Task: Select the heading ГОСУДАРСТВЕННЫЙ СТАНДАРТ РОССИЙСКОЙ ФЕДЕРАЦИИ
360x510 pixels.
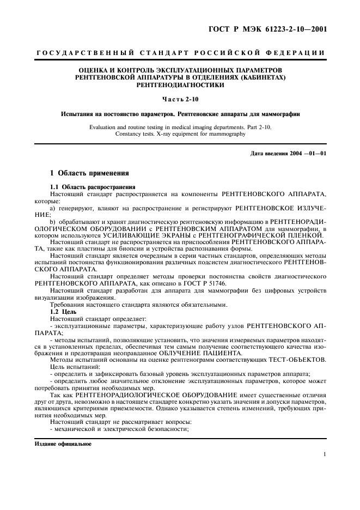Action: [x=180, y=53]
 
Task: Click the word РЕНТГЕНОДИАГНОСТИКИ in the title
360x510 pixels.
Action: [x=180, y=86]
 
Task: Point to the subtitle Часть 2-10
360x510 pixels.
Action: [x=180, y=99]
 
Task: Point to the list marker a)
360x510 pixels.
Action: [x=52, y=209]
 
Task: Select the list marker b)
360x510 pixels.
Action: [x=52, y=222]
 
